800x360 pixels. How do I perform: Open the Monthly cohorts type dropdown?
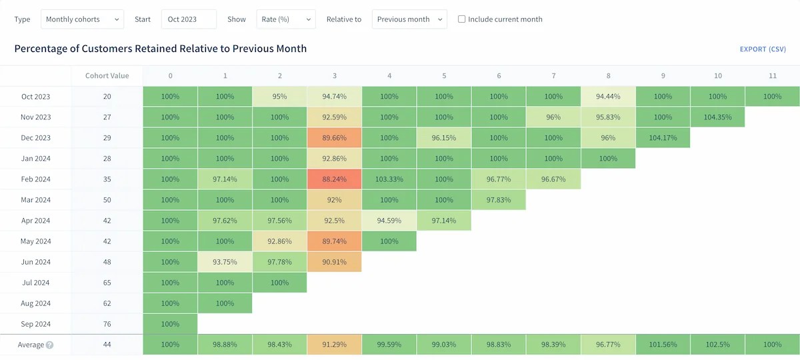point(82,19)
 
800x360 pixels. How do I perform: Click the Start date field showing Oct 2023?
point(189,19)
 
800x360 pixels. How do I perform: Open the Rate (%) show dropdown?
point(285,19)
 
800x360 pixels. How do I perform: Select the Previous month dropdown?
point(409,19)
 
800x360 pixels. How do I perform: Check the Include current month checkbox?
point(461,19)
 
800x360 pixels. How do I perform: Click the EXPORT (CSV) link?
point(763,49)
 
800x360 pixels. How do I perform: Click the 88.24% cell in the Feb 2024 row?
point(334,179)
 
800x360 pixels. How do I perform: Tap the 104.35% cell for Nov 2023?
point(717,117)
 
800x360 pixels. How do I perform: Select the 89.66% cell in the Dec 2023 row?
point(334,138)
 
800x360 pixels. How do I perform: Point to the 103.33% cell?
point(389,179)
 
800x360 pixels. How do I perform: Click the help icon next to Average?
point(49,345)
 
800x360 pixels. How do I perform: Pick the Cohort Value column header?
point(107,76)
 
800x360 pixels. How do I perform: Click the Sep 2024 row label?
point(35,324)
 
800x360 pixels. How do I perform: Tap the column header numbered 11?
point(772,76)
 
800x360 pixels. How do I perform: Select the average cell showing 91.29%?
point(334,345)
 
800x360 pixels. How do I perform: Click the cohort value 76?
point(107,324)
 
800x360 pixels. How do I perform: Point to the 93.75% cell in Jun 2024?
point(225,262)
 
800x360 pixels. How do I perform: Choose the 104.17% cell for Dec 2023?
point(663,138)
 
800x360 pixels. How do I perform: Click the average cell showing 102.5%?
point(717,345)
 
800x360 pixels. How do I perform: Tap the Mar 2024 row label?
point(35,200)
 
